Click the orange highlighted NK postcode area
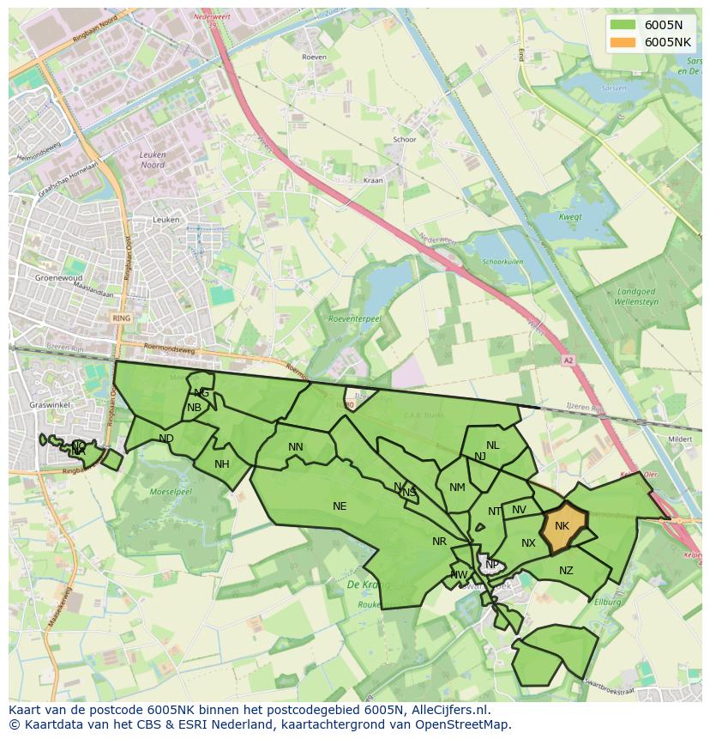(x=564, y=525)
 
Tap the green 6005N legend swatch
(x=623, y=24)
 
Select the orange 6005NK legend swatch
(x=623, y=42)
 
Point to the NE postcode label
(x=340, y=506)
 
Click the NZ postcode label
(x=566, y=571)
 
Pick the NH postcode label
(x=222, y=464)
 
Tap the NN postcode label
(x=296, y=447)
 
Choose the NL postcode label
(x=492, y=445)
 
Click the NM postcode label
(x=457, y=488)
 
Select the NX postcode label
(x=528, y=543)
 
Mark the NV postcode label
(x=519, y=510)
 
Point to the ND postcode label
(x=166, y=439)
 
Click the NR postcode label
(x=439, y=542)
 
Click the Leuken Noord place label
(x=152, y=160)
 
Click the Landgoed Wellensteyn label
(x=635, y=297)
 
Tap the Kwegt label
(x=570, y=217)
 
